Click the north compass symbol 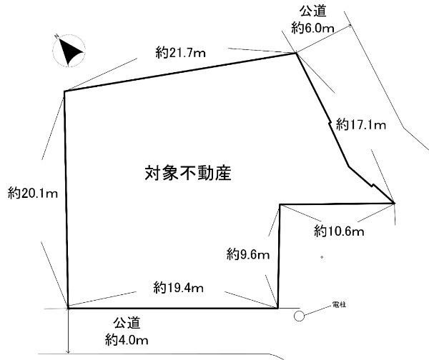[70, 51]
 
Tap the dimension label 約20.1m [33, 192]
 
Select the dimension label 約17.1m [362, 126]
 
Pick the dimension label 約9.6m [248, 253]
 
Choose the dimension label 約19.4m [179, 288]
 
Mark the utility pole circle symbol [300, 314]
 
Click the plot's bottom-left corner [68, 308]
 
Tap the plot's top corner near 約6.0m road [295, 52]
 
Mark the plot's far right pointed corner [395, 204]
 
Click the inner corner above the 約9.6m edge [280, 205]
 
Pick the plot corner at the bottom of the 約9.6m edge [278, 308]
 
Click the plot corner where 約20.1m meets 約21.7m [64, 91]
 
